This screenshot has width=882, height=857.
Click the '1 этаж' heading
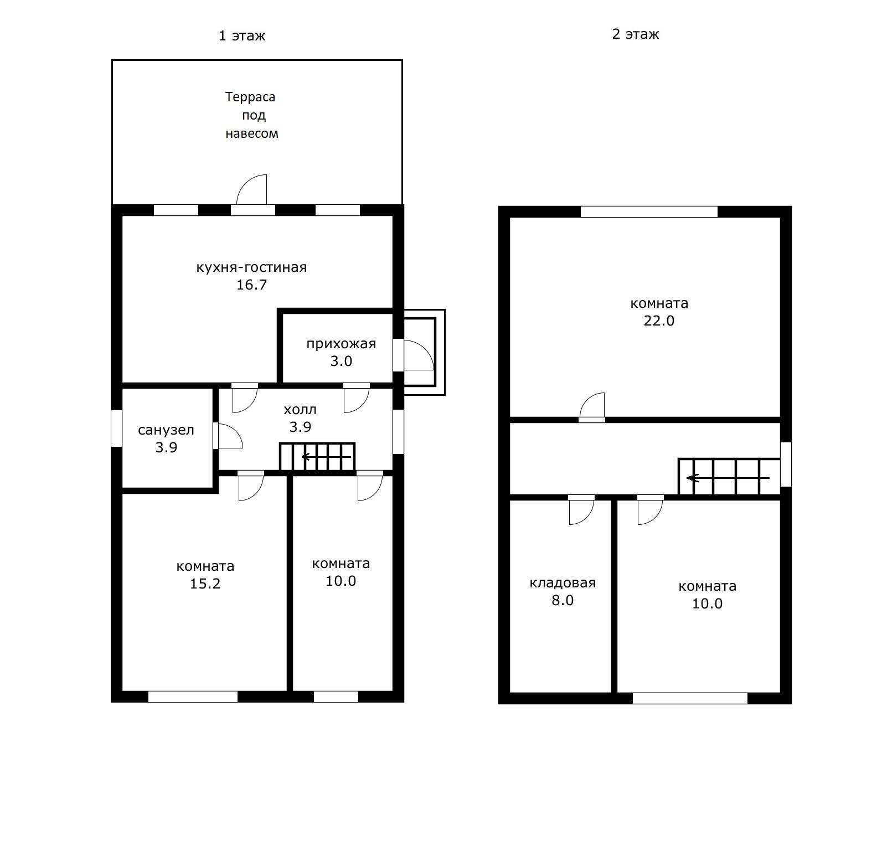(242, 36)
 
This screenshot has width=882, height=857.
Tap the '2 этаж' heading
(635, 34)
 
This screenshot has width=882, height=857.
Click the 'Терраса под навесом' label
(251, 115)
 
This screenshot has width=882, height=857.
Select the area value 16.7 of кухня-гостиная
(252, 285)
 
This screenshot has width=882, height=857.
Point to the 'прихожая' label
(341, 344)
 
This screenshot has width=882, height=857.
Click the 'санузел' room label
(166, 430)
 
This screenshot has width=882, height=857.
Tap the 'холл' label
(300, 410)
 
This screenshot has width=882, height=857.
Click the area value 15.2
(205, 584)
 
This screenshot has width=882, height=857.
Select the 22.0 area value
(659, 321)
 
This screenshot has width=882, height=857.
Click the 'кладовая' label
(563, 583)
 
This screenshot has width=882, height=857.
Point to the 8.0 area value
(563, 601)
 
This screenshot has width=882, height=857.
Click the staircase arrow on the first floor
(326, 457)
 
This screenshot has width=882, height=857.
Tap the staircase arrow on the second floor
(728, 478)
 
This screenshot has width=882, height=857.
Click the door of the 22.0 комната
(592, 405)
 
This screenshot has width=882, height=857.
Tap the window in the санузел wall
(116, 428)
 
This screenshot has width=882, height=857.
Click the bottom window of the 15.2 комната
(193, 696)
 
